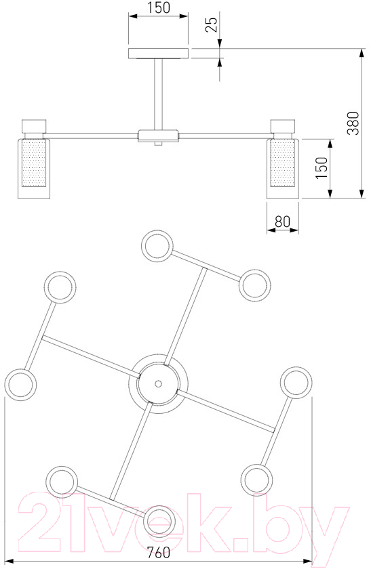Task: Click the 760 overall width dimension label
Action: point(159,553)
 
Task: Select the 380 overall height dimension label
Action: point(353,123)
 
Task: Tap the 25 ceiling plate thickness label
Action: point(211,24)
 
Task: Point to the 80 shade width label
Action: point(282,222)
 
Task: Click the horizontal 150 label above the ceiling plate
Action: point(159,7)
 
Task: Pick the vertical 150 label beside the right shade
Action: point(322,168)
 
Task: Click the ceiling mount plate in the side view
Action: point(158,54)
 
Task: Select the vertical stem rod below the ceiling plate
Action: point(158,94)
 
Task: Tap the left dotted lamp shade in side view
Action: point(34,163)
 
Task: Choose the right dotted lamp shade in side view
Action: point(282,163)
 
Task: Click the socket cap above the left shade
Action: point(34,126)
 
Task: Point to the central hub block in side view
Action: point(158,135)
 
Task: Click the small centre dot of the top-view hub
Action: point(158,383)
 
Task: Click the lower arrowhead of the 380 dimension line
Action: point(362,194)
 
